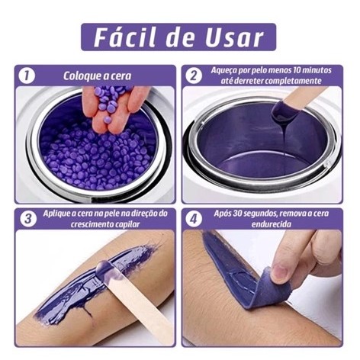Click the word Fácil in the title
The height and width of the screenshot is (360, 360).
pyautogui.click(x=124, y=37)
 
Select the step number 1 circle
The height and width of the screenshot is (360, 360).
pyautogui.click(x=27, y=76)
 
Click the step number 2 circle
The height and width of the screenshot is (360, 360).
pyautogui.click(x=194, y=76)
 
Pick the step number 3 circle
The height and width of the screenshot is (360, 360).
pyautogui.click(x=28, y=219)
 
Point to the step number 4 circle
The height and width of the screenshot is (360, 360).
pyautogui.click(x=194, y=219)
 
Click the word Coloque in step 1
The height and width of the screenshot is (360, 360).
pyautogui.click(x=79, y=76)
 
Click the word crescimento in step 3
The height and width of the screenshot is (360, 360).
pyautogui.click(x=94, y=224)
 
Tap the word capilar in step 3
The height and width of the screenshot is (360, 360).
pyautogui.click(x=130, y=224)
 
